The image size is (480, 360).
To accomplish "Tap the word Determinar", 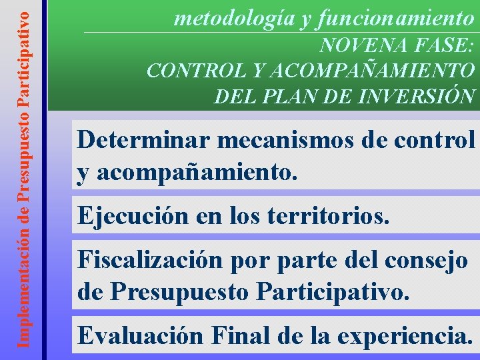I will (x=145, y=141).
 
